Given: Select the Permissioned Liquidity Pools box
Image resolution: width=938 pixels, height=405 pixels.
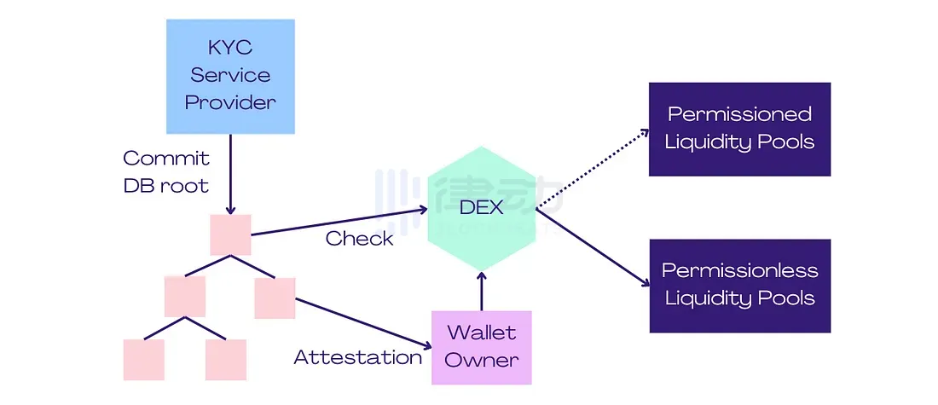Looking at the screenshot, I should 739,129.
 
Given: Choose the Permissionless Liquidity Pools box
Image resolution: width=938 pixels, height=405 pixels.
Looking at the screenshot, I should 739,286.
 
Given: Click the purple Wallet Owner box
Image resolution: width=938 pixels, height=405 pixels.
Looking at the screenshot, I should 482,347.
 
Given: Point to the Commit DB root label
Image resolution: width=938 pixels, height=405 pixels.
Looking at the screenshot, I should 166,171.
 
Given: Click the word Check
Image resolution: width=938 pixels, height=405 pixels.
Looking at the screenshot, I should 359,238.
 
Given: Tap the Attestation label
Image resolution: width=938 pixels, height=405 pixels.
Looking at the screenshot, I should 357,357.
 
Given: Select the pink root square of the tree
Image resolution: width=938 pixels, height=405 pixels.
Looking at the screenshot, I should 230,234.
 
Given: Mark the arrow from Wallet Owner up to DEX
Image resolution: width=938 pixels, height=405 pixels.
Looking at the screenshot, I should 482,290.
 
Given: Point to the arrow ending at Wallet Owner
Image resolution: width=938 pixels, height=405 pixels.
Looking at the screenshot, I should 362,324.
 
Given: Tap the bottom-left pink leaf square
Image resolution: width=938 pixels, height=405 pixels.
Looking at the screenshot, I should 144,359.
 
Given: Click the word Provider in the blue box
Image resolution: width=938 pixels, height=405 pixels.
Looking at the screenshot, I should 230,103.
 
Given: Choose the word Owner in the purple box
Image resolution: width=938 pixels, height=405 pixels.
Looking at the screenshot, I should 482,359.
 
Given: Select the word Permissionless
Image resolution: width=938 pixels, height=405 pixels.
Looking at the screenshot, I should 739,271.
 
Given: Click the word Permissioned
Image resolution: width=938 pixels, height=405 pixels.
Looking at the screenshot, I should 739,114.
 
